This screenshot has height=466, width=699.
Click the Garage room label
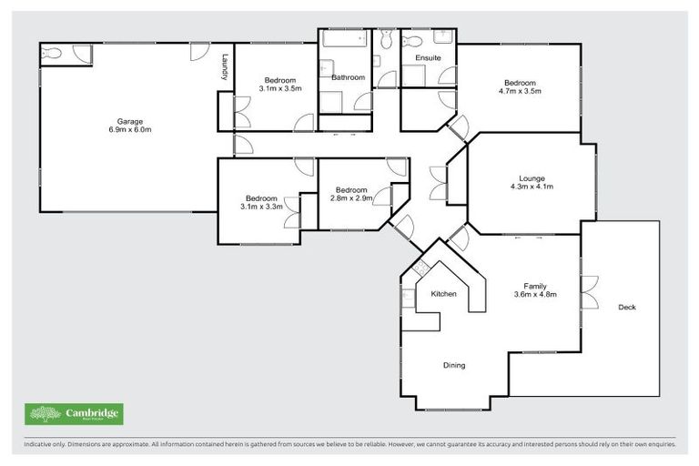pos(129,121)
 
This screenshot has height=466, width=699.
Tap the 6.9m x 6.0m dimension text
pos(129,130)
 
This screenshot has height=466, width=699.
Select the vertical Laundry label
pos(224,68)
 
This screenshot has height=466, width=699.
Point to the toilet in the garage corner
pos(52,55)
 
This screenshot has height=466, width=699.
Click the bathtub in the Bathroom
pos(345,39)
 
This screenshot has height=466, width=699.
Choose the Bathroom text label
pos(348,77)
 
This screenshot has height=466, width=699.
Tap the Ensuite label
pos(428,57)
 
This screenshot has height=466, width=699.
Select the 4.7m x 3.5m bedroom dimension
pos(520,91)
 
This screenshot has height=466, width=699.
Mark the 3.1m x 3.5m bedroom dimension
pos(274,88)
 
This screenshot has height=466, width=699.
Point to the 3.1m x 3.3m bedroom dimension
pos(261,207)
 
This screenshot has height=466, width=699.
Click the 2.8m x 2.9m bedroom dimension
pos(349,198)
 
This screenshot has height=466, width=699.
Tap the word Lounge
pos(532,177)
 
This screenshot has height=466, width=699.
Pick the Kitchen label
pos(443,294)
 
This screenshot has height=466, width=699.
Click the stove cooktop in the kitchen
pos(420,268)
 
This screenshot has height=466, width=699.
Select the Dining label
pos(453,365)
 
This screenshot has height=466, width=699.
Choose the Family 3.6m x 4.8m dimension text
pos(534,294)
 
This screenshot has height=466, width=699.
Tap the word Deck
pos(626,307)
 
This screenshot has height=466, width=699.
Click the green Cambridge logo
pos(74,414)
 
